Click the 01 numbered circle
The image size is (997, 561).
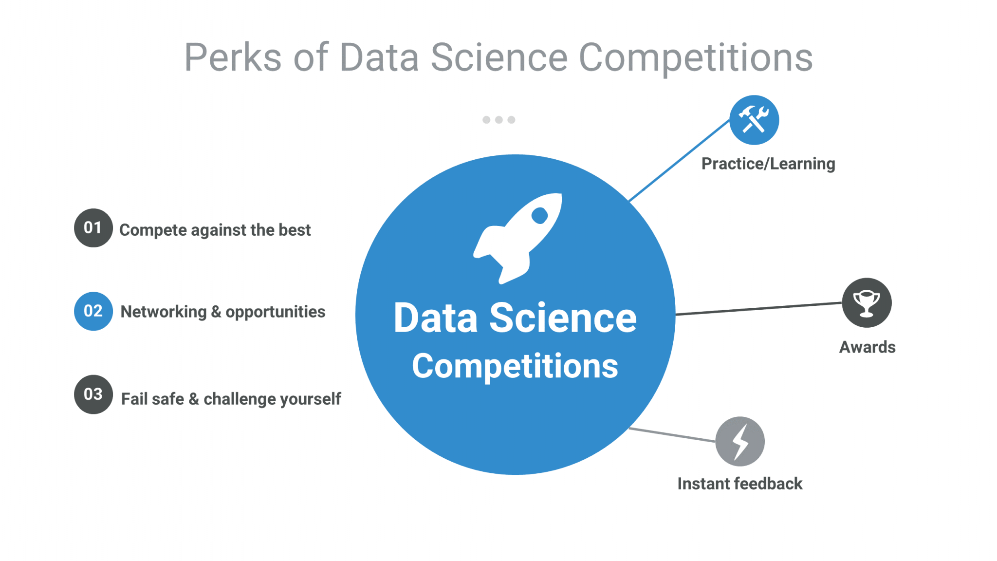click(93, 228)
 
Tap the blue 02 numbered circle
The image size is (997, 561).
click(93, 311)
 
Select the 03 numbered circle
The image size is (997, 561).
click(93, 394)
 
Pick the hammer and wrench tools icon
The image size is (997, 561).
click(754, 120)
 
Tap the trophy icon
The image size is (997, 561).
click(867, 303)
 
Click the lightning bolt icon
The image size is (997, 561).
click(740, 441)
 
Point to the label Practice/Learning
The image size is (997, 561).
click(768, 164)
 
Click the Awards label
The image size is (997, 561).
click(867, 347)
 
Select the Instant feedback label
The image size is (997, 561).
click(739, 484)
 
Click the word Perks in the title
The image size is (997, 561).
click(233, 57)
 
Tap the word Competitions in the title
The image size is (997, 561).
click(695, 57)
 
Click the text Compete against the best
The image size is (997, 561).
click(215, 230)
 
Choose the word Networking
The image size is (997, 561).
click(164, 312)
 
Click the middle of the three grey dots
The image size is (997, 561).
click(498, 120)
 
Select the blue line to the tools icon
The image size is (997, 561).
click(679, 160)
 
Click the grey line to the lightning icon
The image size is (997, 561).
click(672, 434)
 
